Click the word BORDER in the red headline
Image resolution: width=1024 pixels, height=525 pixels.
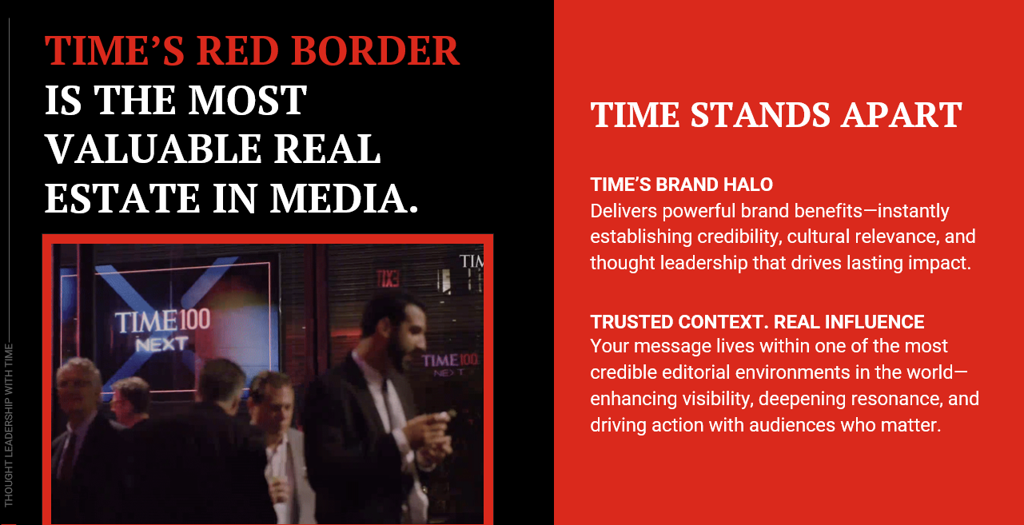[x=374, y=50]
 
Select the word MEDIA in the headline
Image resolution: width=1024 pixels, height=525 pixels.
[x=344, y=198]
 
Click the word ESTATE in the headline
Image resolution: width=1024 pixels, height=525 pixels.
[x=122, y=198]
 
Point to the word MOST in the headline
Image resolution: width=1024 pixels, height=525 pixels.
[x=247, y=100]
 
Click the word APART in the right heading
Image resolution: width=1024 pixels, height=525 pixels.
[x=902, y=115]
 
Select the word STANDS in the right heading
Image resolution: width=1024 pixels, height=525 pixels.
[x=759, y=115]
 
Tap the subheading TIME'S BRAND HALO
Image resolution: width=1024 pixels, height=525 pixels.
[x=681, y=185]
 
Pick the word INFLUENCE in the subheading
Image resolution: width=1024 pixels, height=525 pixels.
[x=874, y=322]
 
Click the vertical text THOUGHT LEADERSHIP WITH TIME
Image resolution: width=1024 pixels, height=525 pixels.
[x=9, y=425]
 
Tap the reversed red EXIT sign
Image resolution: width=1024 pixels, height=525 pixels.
[x=388, y=278]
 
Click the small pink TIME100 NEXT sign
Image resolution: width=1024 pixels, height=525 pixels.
[x=450, y=365]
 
